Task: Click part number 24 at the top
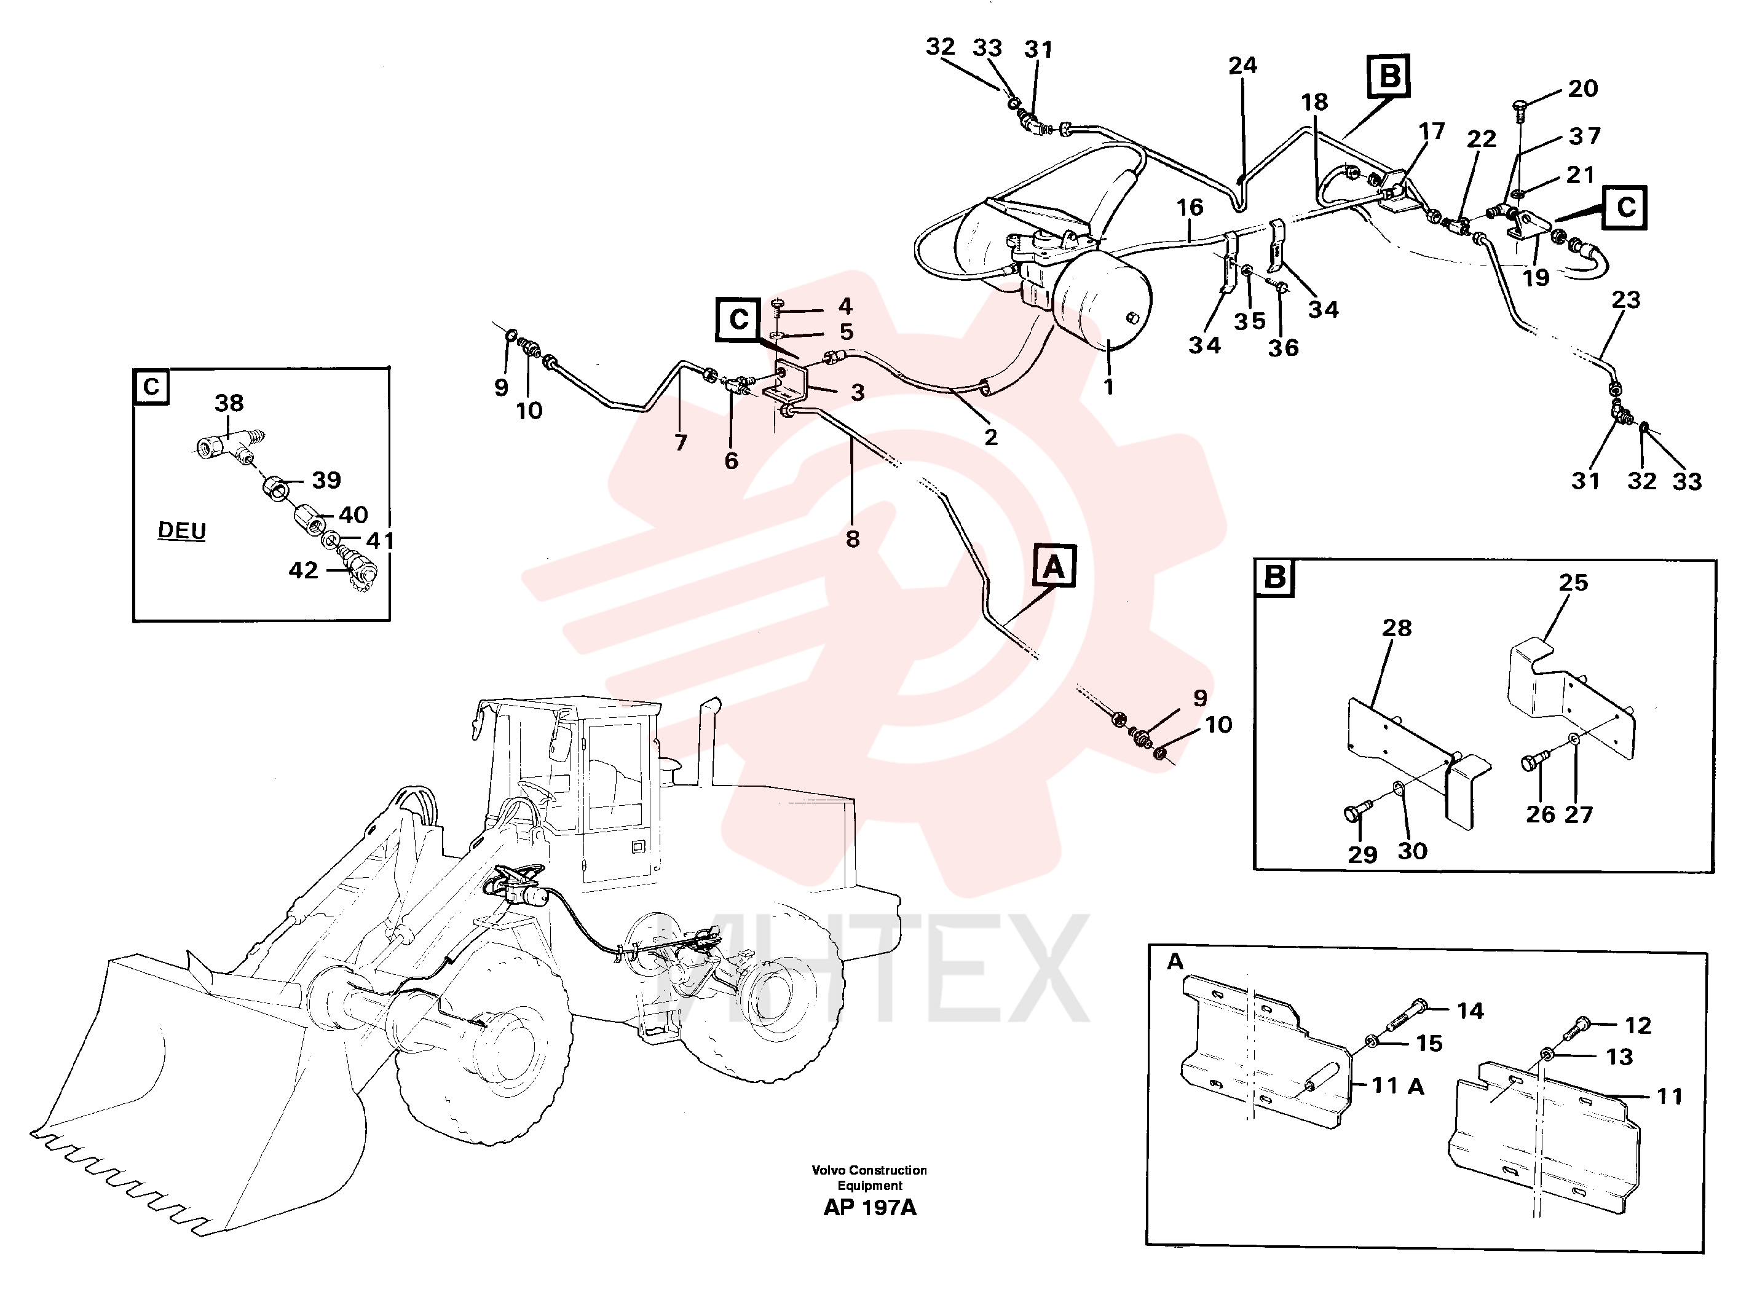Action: point(1242,66)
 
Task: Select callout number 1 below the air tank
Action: point(1108,387)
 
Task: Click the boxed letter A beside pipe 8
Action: point(1054,566)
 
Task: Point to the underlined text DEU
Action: point(182,530)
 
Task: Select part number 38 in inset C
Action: point(229,403)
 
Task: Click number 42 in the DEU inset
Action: point(304,570)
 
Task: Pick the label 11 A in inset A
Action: point(1398,1085)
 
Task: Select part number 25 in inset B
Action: point(1573,583)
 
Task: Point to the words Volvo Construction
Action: point(869,1170)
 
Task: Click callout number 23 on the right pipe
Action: point(1625,299)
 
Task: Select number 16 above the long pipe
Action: point(1190,208)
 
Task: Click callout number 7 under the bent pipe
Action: point(681,443)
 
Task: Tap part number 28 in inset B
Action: point(1396,628)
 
